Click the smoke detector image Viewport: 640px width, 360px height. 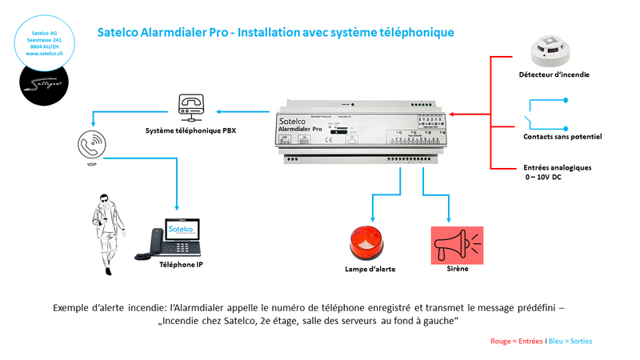550,50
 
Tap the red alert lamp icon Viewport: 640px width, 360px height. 369,243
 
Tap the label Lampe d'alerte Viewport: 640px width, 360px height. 368,270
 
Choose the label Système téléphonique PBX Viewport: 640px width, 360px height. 190,130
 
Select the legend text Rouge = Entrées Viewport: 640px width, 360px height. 515,341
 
